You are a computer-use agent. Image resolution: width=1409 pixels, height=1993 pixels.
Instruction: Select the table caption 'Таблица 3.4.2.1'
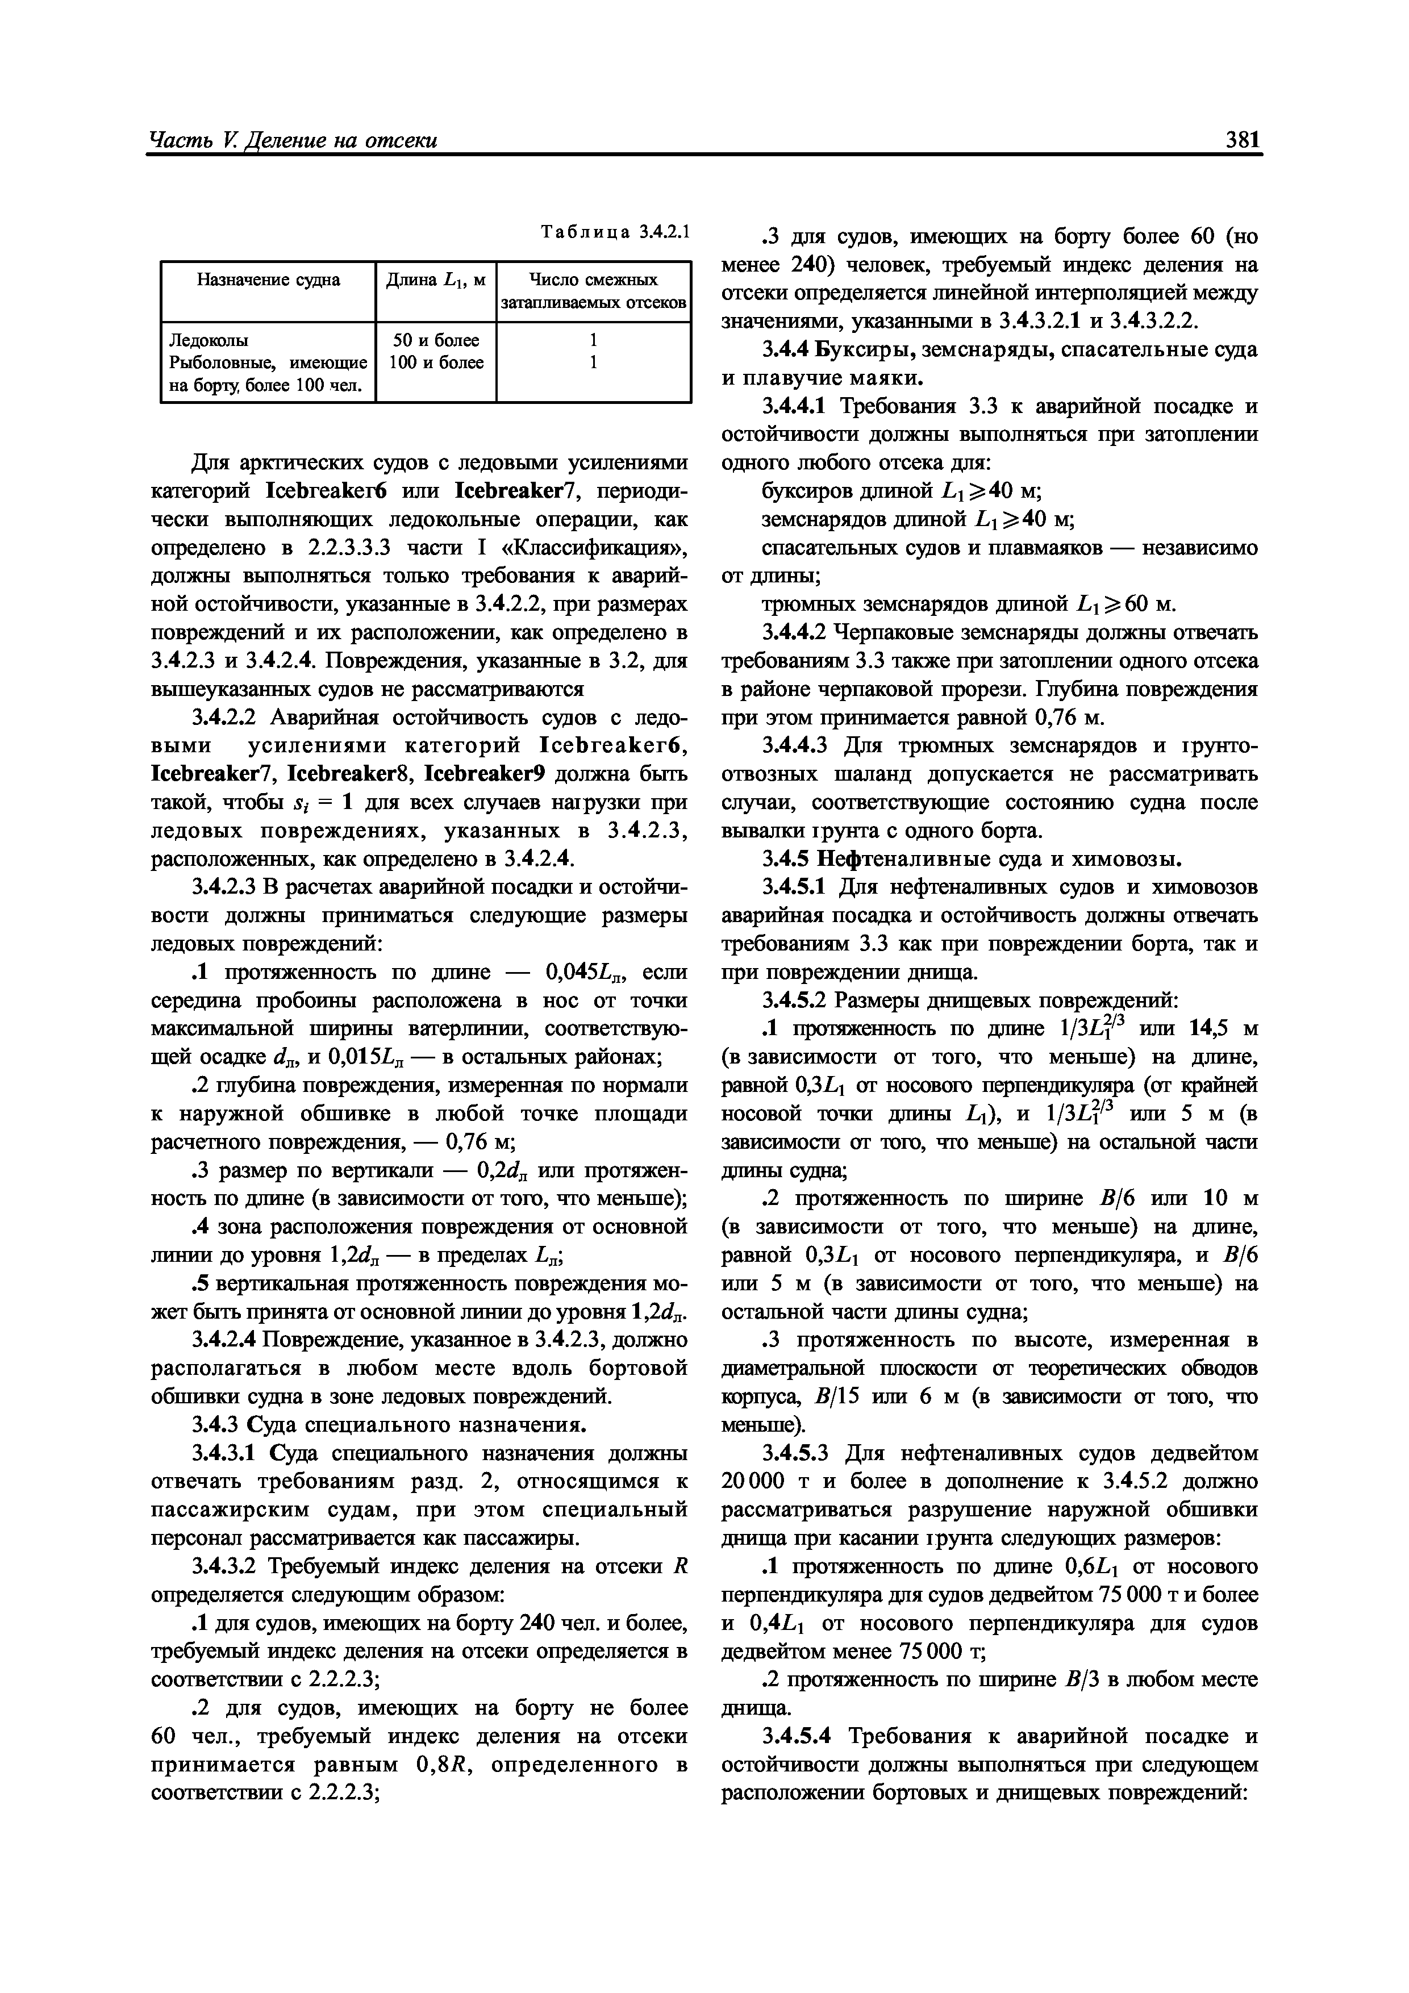(x=614, y=232)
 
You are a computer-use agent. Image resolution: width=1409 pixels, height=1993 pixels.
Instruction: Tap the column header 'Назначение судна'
(x=268, y=280)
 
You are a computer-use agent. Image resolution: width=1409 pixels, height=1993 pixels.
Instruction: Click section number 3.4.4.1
(x=797, y=406)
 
